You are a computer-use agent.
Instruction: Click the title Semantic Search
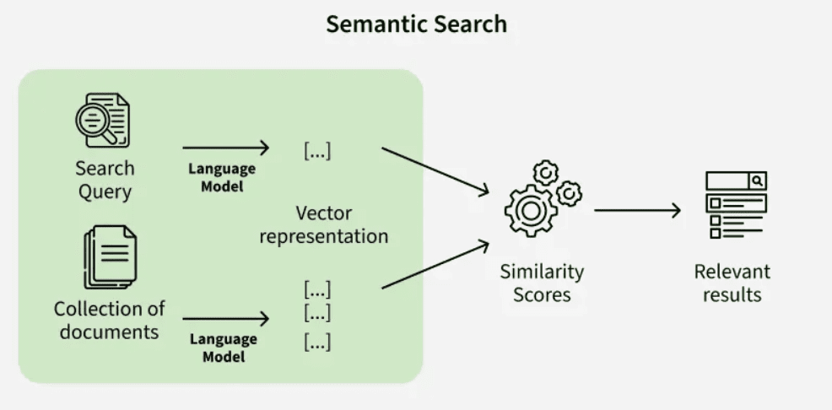416,24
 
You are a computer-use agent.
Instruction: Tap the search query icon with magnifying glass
102,121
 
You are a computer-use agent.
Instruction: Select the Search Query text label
105,180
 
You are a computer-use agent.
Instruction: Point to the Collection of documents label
109,320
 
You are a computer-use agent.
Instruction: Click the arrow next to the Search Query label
225,148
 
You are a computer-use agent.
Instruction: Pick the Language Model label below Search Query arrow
222,177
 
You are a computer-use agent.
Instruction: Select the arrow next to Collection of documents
225,319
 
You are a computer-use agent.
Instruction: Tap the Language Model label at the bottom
223,348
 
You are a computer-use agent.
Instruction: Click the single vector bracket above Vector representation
317,151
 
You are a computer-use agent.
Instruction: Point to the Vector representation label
323,224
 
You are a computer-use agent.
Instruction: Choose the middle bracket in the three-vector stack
317,314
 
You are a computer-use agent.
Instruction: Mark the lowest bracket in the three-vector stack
317,343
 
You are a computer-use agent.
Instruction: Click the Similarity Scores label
542,283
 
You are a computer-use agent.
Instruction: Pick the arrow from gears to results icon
637,210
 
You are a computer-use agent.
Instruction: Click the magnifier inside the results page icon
758,181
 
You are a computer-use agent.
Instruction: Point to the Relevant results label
732,283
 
